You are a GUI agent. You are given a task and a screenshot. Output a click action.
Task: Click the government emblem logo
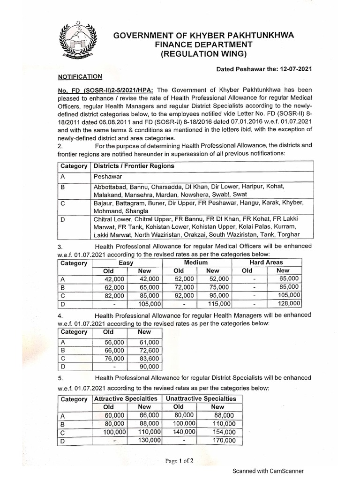coord(78,42)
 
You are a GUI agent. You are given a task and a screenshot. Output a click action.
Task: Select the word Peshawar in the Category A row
coord(107,177)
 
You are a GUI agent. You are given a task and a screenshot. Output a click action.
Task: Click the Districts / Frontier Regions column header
coord(134,166)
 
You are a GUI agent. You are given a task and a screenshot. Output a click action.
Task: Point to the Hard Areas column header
coord(267,262)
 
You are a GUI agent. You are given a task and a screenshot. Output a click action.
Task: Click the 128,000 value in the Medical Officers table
coord(287,304)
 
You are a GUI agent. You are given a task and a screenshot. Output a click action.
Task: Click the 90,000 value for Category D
coord(149,366)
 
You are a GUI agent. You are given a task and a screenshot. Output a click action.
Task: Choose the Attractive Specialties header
coord(126,398)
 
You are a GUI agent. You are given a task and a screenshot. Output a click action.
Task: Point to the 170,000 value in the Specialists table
coord(224,441)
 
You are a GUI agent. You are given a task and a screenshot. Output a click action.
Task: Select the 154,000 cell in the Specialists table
coord(224,432)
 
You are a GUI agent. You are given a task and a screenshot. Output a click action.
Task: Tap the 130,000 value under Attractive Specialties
coord(149,441)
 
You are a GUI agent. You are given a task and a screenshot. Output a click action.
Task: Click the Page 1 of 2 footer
coord(179,461)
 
